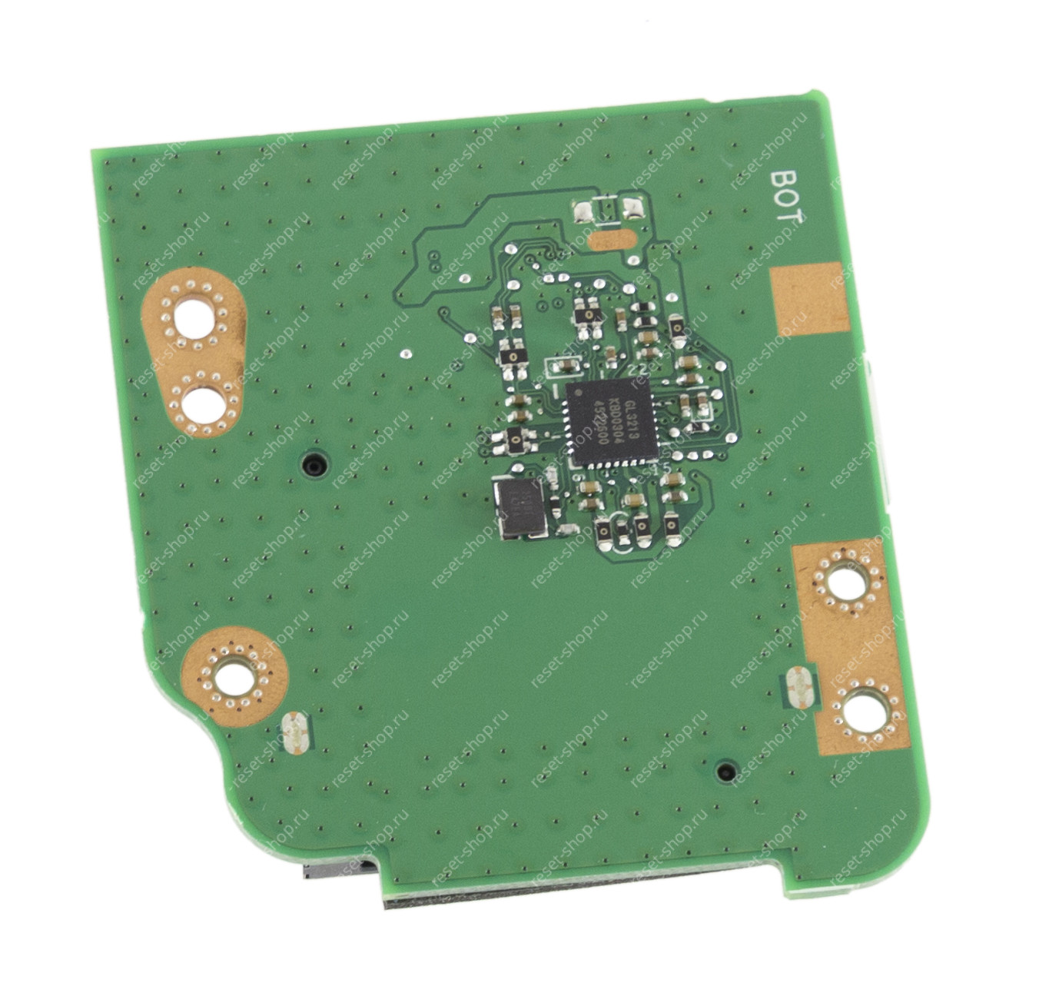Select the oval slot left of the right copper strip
(x=799, y=688)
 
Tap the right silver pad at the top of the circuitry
(x=632, y=207)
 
